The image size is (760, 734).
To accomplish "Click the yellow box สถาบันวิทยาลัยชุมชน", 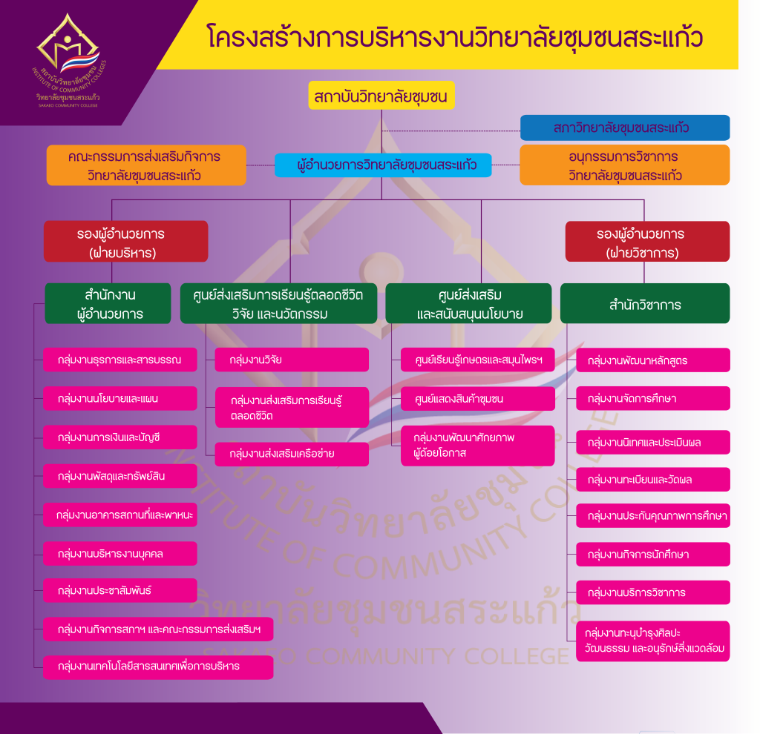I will (381, 96).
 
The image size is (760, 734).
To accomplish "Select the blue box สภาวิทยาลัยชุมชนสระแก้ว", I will (624, 128).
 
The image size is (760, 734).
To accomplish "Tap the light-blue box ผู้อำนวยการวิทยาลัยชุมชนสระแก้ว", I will (383, 165).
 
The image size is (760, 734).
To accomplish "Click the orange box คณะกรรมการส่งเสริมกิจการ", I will (145, 165).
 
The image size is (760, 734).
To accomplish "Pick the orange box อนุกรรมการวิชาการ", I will (624, 165).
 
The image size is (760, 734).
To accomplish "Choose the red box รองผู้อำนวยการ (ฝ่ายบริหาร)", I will (125, 242).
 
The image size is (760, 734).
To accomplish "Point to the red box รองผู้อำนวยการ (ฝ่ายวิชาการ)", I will (647, 242).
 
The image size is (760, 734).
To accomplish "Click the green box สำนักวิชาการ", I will (644, 304).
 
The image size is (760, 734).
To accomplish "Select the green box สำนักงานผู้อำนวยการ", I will (108, 304).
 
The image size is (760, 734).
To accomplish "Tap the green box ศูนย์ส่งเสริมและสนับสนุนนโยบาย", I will (468, 304).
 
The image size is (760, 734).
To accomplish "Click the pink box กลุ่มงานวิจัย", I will (292, 360).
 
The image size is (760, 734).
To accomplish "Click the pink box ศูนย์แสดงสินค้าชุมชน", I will (477, 399).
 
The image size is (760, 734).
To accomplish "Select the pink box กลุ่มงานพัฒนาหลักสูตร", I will (652, 360).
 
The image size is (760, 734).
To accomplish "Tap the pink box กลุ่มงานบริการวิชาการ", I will (652, 592).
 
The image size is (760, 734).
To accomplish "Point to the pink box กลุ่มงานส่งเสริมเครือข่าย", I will (292, 454).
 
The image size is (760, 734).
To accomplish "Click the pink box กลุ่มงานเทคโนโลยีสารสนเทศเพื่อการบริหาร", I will (158, 667).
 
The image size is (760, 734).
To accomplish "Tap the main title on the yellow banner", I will (455, 36).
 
